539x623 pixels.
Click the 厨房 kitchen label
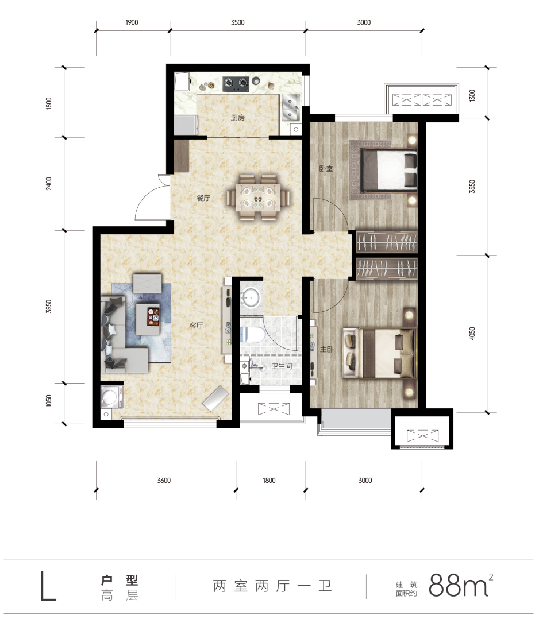238,118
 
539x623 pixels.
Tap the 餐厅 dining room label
203,198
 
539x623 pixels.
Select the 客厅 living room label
196,326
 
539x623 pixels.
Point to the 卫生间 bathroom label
282,366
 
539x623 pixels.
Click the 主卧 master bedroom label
327,349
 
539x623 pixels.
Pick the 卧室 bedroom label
326,168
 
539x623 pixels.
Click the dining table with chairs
258,198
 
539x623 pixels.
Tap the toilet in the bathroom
253,335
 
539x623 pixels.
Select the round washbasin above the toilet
251,297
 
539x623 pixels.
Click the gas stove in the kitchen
236,83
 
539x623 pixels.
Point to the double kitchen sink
291,107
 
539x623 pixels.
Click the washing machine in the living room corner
111,397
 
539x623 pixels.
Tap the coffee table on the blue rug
148,319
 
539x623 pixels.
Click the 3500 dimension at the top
238,22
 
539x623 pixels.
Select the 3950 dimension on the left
48,307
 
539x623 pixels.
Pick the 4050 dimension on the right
472,334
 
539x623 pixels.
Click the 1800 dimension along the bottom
269,481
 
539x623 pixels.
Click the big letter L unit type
48,586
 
